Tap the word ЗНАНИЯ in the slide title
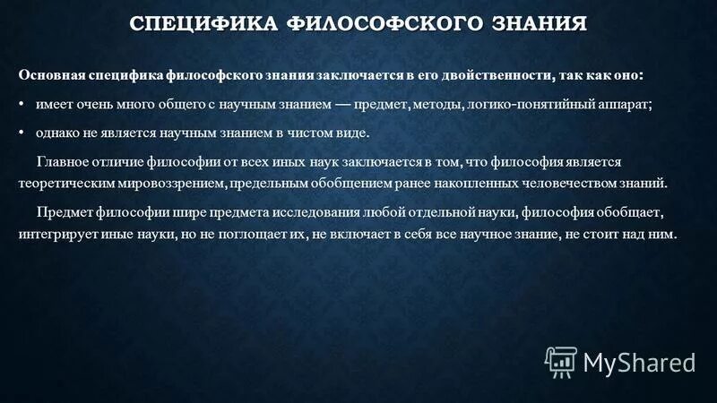(540, 23)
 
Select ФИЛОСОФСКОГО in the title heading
(389, 23)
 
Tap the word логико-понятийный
(525, 104)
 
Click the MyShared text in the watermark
(639, 362)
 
